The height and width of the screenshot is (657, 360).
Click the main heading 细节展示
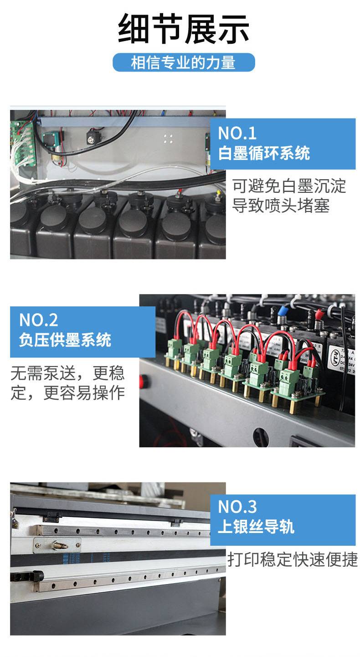coord(184,29)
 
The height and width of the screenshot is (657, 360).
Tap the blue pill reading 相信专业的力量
coord(184,62)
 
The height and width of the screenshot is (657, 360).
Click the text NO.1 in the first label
coord(237,133)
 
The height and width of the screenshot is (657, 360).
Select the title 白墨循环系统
coord(264,153)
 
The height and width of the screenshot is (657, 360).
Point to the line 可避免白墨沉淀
coord(289,186)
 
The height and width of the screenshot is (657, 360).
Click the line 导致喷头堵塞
coord(281,205)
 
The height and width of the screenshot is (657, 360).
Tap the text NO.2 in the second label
coord(38,320)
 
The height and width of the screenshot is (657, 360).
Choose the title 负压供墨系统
coord(65,340)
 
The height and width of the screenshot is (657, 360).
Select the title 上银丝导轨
coord(256,526)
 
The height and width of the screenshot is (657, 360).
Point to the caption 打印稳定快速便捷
coord(293,559)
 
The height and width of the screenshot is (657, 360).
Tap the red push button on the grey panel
coord(141,381)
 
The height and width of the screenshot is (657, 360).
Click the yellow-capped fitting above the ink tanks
coord(218,194)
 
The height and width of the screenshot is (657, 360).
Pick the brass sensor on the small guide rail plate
coord(60,546)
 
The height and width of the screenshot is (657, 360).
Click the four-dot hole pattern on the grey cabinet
coord(168,139)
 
